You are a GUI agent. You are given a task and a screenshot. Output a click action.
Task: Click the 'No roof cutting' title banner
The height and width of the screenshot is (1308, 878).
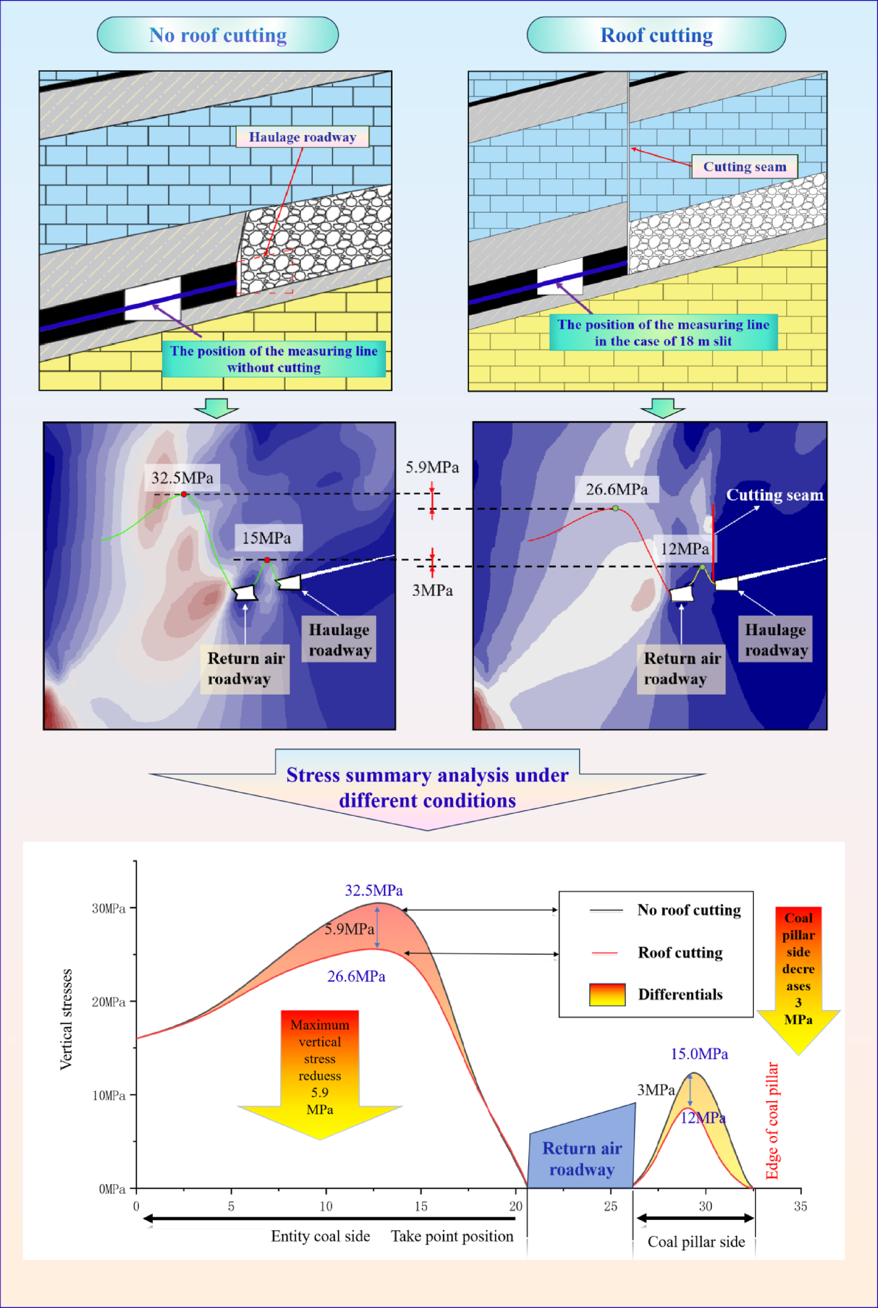coord(217,35)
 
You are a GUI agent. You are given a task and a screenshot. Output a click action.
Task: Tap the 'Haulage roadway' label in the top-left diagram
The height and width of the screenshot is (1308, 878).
coord(302,137)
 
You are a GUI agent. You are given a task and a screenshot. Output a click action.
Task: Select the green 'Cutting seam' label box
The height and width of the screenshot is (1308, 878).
coord(744,167)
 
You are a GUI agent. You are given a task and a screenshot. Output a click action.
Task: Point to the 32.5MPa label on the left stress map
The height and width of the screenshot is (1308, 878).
coord(182,478)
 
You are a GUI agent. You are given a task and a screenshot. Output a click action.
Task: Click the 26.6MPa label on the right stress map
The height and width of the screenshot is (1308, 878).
coord(616,489)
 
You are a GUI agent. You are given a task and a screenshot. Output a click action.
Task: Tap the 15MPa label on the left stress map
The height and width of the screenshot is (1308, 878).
coord(266,538)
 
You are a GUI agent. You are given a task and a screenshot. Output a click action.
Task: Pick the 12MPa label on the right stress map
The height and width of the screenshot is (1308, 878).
coord(684,549)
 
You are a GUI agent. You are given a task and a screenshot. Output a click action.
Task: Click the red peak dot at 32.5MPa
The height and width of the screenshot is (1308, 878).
coord(184,494)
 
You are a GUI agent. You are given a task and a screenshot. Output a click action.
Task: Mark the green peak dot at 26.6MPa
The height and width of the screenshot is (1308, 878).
coord(615,508)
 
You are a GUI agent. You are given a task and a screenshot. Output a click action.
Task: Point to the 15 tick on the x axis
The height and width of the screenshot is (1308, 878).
coord(420,1206)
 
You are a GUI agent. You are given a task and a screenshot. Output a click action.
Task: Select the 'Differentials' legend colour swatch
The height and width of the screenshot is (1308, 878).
coord(607,994)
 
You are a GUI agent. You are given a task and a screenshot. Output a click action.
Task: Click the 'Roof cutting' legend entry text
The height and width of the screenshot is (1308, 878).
coord(680,953)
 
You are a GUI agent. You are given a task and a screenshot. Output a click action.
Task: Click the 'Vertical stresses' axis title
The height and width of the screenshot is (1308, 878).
coord(66,1019)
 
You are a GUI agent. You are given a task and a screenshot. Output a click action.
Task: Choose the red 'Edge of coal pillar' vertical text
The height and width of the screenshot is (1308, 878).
coord(772,1120)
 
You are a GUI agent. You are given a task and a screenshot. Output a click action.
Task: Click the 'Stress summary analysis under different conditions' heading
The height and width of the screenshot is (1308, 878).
coord(427,787)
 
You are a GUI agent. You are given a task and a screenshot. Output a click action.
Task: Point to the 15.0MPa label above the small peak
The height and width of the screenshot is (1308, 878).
coord(699,1054)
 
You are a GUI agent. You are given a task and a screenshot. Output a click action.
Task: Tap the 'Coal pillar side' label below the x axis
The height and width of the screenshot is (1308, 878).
coord(696,1242)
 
